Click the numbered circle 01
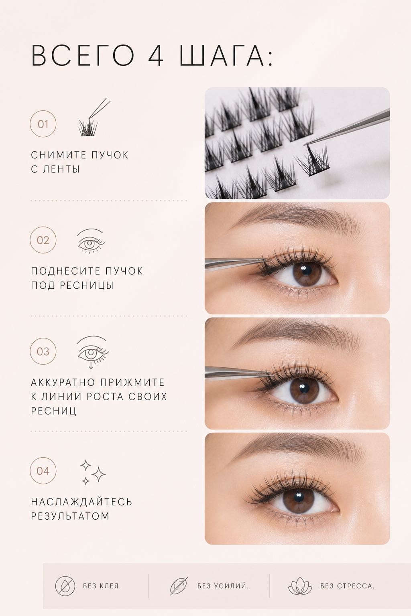pyautogui.click(x=43, y=124)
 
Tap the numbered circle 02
pyautogui.click(x=43, y=240)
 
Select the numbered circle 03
pyautogui.click(x=43, y=351)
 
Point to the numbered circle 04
pyautogui.click(x=43, y=470)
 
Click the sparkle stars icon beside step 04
pyautogui.click(x=93, y=472)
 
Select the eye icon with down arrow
pyautogui.click(x=93, y=352)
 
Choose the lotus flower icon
pyautogui.click(x=300, y=586)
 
